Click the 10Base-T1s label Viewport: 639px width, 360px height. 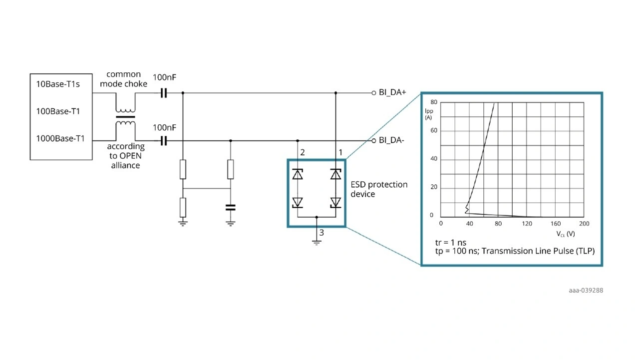coord(58,84)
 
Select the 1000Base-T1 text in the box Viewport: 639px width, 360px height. coord(60,139)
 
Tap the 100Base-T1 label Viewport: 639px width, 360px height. coord(58,111)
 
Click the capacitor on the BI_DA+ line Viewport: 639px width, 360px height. coord(163,93)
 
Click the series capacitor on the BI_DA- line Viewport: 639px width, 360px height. coord(163,141)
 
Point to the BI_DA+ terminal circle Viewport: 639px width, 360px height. coord(374,93)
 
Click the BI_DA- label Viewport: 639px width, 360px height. coord(391,140)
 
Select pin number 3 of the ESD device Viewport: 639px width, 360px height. coord(321,233)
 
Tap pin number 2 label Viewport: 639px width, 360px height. coord(303,152)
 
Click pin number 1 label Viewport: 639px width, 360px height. coord(340,152)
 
